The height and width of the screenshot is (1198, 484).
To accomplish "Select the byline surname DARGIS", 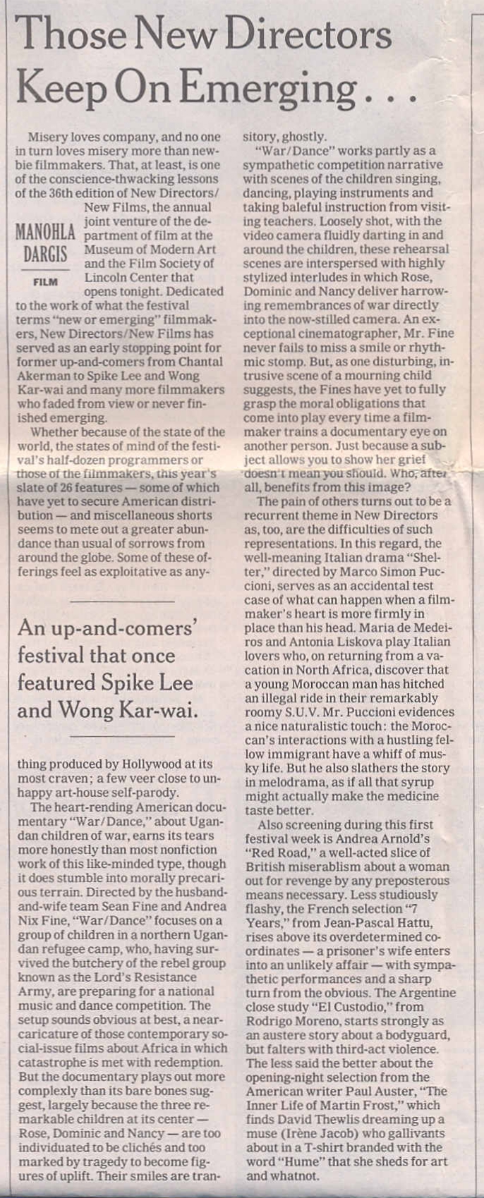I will [x=46, y=254].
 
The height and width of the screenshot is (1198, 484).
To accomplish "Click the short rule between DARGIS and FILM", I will [x=46, y=269].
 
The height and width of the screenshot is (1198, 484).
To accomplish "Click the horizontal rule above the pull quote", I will [x=123, y=601].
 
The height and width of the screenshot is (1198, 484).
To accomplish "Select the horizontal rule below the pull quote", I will [x=123, y=736].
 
